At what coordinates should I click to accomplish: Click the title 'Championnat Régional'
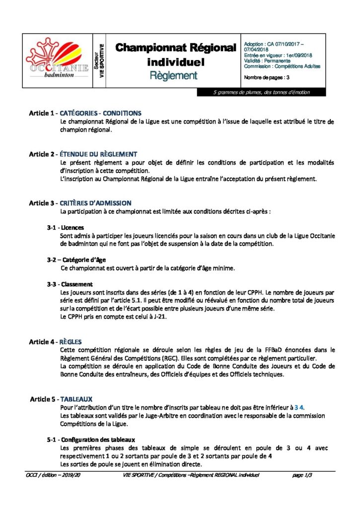pyautogui.click(x=176, y=48)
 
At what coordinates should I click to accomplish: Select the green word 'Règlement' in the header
pyautogui.click(x=174, y=75)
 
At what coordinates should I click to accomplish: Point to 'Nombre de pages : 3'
pyautogui.click(x=267, y=77)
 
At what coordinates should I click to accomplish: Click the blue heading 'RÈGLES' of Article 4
pyautogui.click(x=71, y=342)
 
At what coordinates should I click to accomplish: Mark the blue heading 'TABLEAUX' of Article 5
pyautogui.click(x=76, y=399)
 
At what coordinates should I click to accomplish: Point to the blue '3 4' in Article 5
pyautogui.click(x=298, y=407)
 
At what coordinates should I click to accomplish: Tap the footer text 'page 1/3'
pyautogui.click(x=303, y=475)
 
